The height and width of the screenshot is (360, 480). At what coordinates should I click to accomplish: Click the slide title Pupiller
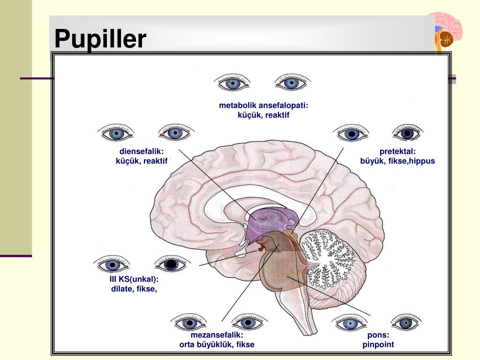click(x=100, y=39)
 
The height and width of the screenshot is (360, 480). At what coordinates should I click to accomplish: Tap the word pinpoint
click(x=378, y=345)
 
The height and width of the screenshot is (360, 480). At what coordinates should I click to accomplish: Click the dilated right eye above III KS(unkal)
click(x=172, y=263)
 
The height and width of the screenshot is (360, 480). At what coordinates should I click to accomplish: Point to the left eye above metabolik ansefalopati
click(x=232, y=82)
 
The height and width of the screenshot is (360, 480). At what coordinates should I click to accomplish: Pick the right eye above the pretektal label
click(x=407, y=133)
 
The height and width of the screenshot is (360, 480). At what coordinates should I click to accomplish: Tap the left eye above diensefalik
click(x=116, y=133)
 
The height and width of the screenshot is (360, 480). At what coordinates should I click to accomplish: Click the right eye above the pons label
click(x=406, y=322)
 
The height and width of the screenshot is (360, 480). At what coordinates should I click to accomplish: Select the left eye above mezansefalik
click(x=189, y=322)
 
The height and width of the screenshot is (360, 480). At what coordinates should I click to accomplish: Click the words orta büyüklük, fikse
click(x=217, y=345)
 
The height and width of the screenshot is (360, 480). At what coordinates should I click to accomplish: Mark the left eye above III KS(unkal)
click(x=112, y=264)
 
